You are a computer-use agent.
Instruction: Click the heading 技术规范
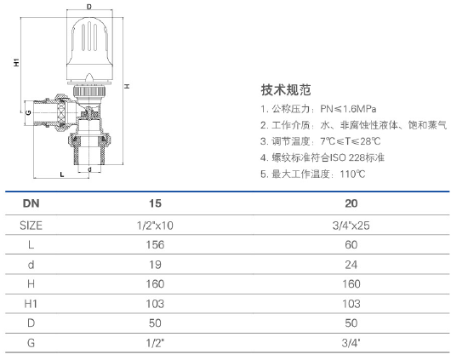[x=286, y=89]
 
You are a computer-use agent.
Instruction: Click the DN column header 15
[x=155, y=203]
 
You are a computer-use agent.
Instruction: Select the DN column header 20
[x=351, y=203]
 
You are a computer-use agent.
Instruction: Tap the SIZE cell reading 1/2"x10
[x=155, y=226]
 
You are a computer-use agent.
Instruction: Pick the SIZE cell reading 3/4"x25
[x=351, y=226]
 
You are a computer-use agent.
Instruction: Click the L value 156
[x=155, y=245]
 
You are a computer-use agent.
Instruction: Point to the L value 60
[x=351, y=245]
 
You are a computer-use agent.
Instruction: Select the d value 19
[x=155, y=265]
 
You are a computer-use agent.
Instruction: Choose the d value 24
[x=351, y=265]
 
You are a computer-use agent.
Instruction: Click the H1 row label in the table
[x=31, y=304]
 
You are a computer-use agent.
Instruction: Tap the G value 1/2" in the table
[x=155, y=343]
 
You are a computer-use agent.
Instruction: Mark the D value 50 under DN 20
[x=351, y=323]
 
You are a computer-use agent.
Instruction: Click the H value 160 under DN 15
[x=155, y=284]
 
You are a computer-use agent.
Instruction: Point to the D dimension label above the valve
[x=89, y=6]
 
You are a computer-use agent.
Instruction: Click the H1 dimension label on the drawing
[x=16, y=62]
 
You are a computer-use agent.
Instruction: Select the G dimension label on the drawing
[x=28, y=112]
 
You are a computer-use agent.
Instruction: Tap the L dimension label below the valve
[x=62, y=174]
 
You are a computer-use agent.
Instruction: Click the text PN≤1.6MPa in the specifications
[x=348, y=109]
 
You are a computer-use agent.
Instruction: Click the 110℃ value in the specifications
[x=352, y=174]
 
